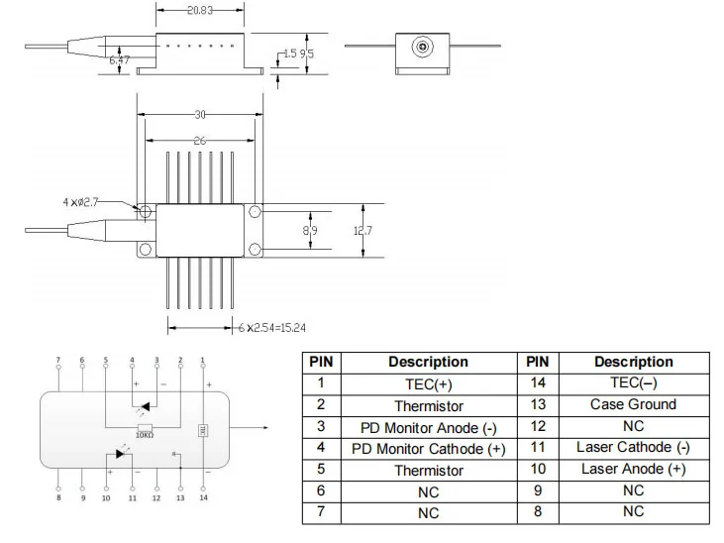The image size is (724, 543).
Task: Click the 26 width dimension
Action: [200, 142]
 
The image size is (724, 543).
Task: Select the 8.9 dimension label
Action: [309, 230]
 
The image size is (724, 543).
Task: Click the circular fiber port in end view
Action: [423, 46]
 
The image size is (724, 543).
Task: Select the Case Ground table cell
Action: [633, 404]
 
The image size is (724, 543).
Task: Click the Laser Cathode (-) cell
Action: [633, 447]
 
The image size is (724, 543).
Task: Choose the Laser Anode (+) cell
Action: [633, 469]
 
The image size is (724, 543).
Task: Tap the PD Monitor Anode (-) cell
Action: [428, 427]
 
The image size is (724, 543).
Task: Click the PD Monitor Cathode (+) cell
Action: [428, 449]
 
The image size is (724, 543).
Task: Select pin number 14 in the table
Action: [538, 383]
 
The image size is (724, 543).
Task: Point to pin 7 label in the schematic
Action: [57, 360]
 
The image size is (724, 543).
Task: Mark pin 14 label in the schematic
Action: [204, 496]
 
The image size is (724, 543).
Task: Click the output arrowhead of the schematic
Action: [263, 429]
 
